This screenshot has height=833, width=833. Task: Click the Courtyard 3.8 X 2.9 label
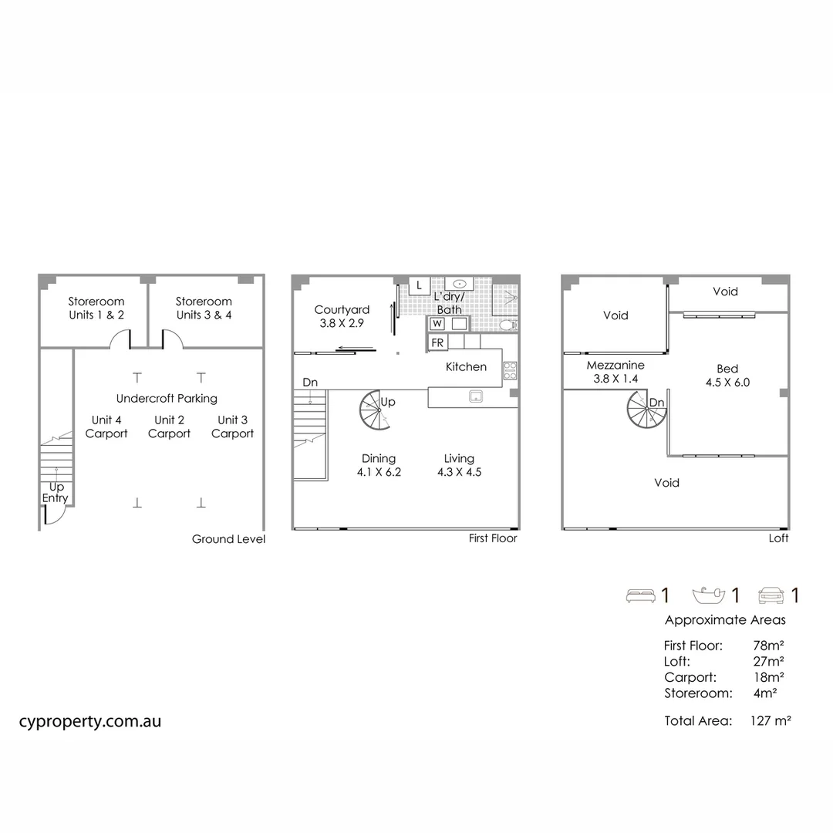[x=342, y=317]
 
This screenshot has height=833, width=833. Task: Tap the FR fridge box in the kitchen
[x=437, y=342]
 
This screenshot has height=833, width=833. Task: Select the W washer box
[x=437, y=323]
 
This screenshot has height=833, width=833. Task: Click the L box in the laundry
[x=419, y=285]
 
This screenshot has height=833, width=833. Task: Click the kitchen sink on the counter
[x=476, y=396]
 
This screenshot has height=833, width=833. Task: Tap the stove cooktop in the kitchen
[x=510, y=369]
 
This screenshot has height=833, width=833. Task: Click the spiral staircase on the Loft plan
[x=646, y=411]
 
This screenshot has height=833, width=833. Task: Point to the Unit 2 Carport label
[x=169, y=427]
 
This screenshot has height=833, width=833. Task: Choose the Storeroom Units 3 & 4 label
[x=204, y=308]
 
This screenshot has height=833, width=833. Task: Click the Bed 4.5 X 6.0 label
[x=727, y=375]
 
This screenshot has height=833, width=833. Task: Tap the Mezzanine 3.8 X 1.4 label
[x=615, y=372]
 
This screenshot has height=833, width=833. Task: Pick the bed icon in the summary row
[x=639, y=595]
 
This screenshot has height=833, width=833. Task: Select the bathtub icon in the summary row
[x=709, y=595]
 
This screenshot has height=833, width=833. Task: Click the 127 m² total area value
[x=771, y=721]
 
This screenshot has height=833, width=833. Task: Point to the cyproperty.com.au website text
[x=90, y=721]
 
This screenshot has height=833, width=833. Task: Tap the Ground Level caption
[x=228, y=539]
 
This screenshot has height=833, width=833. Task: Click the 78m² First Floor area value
[x=768, y=646]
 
